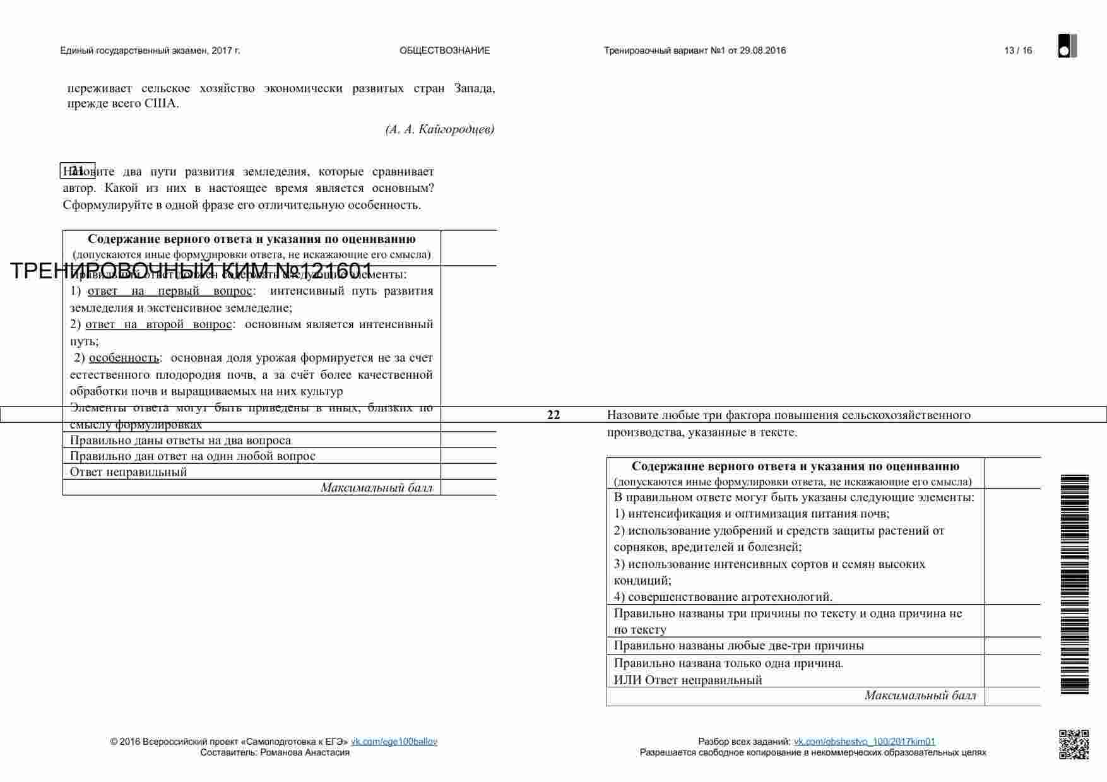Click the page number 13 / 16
click(x=1017, y=50)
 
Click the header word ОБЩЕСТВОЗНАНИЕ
click(x=444, y=50)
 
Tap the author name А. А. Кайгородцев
click(x=439, y=129)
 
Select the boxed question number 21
click(x=77, y=170)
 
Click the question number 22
click(x=553, y=415)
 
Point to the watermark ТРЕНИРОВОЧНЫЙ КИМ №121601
click(x=191, y=271)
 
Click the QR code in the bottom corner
click(x=1073, y=744)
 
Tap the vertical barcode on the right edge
click(x=1074, y=584)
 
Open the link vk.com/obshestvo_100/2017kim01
click(x=864, y=742)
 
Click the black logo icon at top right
click(x=1067, y=46)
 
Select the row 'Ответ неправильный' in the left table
click(x=128, y=471)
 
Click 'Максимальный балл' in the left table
click(x=376, y=487)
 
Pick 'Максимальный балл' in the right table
click(x=920, y=696)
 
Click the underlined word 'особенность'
click(x=124, y=358)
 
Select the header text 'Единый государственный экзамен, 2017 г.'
click(x=150, y=50)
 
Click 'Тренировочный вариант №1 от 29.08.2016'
click(x=694, y=50)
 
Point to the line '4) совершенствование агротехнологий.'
click(x=723, y=596)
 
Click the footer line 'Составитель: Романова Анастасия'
click(x=275, y=752)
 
